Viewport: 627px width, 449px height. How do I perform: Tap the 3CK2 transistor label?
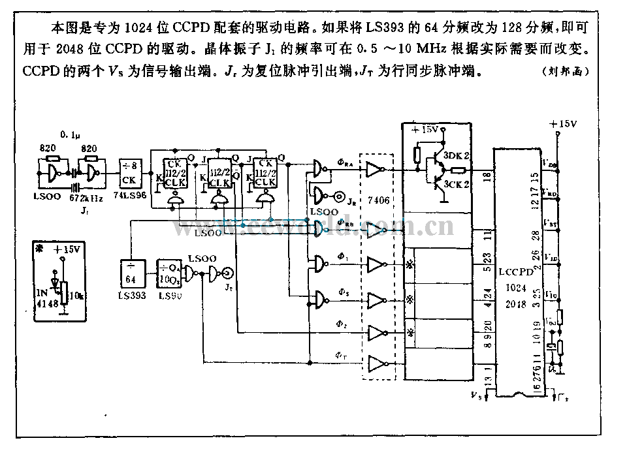click(457, 184)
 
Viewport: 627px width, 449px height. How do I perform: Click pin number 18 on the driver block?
click(483, 177)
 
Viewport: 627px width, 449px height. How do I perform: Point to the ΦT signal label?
click(340, 355)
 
